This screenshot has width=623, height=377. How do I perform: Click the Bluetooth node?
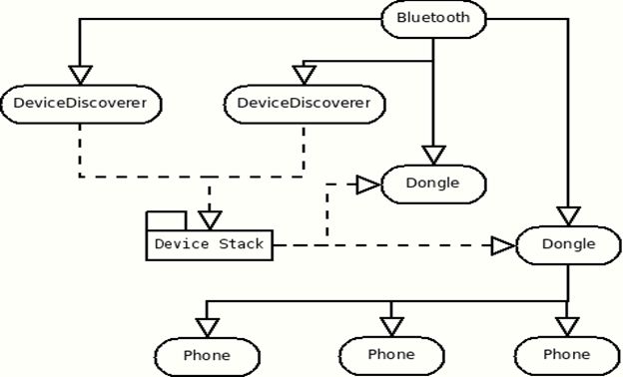coord(433,18)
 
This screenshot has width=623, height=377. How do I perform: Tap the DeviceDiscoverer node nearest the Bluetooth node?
coord(304,103)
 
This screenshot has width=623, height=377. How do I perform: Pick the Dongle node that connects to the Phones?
coord(567,244)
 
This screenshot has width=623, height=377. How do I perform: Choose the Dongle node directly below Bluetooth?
coord(432,184)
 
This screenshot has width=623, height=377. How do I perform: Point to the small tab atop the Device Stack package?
coord(167,219)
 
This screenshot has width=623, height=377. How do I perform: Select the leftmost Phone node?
coord(207,355)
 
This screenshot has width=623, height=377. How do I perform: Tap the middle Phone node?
coord(390,355)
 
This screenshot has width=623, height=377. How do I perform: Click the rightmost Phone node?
coord(566,355)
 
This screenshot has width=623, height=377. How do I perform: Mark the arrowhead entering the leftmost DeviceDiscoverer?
coord(80,75)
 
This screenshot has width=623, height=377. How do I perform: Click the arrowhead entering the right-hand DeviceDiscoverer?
coord(304,75)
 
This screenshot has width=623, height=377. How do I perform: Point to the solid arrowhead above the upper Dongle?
coord(432,155)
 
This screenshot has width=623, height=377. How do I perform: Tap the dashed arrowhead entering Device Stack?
coord(208,216)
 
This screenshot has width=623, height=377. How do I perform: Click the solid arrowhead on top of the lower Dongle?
coord(567,215)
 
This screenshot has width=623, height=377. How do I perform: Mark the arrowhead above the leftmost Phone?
coord(207,326)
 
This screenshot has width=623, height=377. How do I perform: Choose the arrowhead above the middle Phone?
coord(390,326)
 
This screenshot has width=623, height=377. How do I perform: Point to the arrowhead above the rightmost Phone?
coord(566,326)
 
